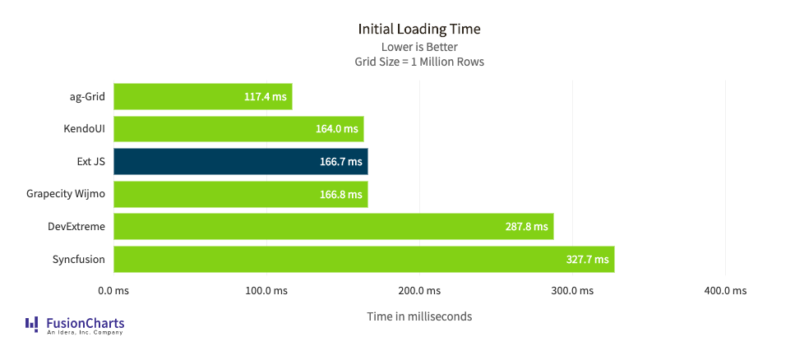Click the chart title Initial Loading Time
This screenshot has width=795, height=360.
[x=418, y=29]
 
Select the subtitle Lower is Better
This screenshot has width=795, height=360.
[x=418, y=47]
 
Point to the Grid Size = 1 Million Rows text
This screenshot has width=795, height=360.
[x=418, y=62]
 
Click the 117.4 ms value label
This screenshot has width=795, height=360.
[x=265, y=97]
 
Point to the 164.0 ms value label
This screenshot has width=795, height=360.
[x=337, y=129]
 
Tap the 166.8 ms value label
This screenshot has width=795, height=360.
[x=340, y=195]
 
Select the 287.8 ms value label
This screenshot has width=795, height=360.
[x=526, y=227]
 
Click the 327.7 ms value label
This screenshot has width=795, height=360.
[x=587, y=260]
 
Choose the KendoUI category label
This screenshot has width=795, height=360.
[x=84, y=129]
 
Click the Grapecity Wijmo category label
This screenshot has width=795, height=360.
[x=66, y=194]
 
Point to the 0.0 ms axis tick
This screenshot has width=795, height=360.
[x=113, y=291]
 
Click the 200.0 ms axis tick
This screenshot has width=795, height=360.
[x=419, y=291]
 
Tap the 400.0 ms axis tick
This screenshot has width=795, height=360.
[x=725, y=291]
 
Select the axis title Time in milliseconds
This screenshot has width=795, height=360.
[x=419, y=316]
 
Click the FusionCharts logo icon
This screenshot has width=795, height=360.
[x=32, y=324]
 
